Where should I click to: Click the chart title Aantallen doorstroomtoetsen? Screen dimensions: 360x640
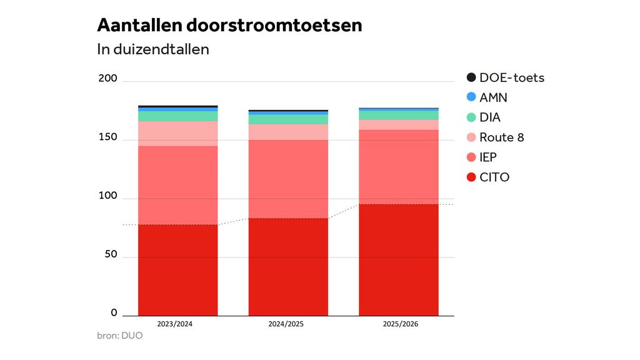229,26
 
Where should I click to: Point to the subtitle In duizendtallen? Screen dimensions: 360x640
153,49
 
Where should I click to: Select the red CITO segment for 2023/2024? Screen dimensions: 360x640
178,270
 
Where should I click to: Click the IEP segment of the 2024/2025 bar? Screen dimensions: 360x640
288,179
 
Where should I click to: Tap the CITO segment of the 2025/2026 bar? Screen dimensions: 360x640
399,260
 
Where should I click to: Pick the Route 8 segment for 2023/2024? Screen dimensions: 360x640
178,133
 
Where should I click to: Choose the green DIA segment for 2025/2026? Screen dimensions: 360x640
399,115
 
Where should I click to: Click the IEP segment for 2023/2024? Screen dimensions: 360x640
178,185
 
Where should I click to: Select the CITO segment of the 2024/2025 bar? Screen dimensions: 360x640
288,267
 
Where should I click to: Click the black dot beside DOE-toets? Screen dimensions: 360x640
471,78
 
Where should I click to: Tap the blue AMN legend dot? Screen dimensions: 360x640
471,97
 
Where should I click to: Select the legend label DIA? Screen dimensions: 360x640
490,117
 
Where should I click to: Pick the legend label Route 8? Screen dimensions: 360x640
502,137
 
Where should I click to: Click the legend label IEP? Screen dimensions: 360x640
488,157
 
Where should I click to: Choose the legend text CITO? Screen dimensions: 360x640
494,177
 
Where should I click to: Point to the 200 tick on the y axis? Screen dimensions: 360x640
107,79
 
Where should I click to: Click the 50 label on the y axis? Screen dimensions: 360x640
110,255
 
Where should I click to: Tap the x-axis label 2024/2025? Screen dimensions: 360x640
288,324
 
